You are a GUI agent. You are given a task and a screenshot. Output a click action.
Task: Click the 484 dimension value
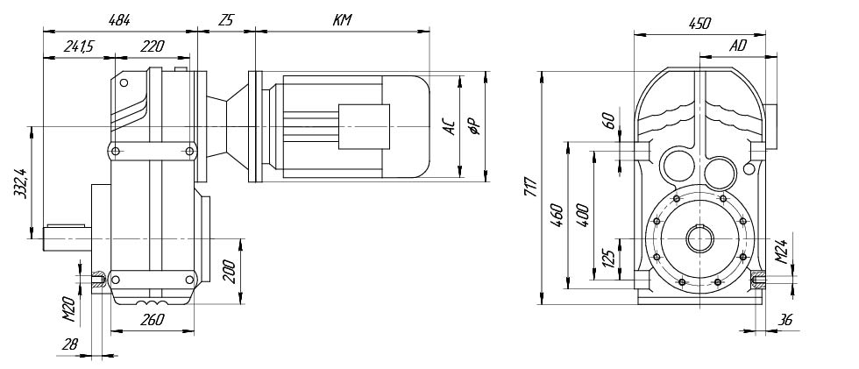120,18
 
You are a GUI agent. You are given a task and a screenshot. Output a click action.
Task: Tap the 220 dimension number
153,47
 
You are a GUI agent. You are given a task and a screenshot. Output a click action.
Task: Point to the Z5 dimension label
226,18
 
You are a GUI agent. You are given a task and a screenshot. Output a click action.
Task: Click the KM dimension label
343,18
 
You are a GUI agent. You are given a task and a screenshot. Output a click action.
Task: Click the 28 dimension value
73,345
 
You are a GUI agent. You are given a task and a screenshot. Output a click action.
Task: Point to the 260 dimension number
152,320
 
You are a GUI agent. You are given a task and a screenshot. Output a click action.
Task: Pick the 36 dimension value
785,321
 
